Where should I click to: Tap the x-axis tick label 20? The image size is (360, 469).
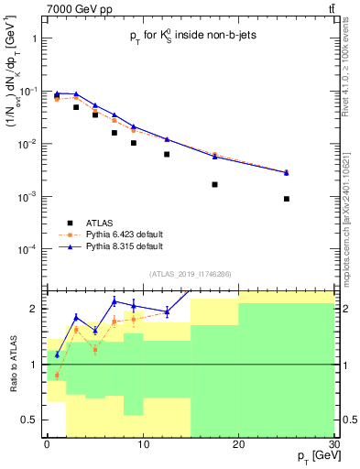238,444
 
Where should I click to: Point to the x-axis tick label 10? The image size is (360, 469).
142,444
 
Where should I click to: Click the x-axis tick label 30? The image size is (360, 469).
334,444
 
